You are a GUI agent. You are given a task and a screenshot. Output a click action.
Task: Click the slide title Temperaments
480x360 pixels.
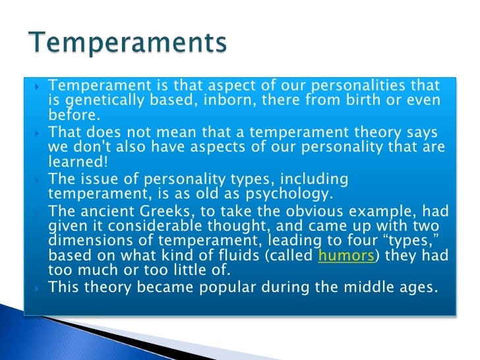click(128, 44)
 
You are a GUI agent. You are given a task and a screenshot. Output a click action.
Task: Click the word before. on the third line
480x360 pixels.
click(73, 115)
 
